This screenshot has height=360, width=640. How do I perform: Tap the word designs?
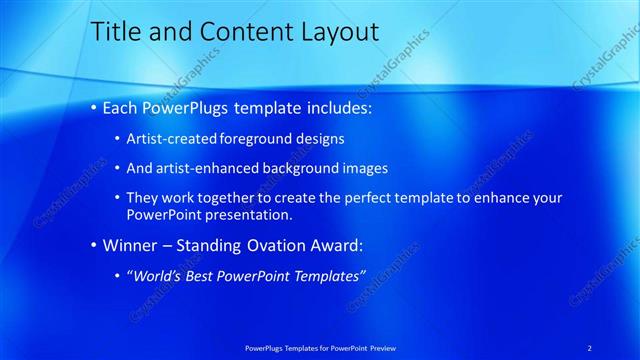point(316,139)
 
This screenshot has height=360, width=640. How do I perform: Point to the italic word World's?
point(157,275)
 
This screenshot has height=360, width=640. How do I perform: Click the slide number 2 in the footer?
point(589,347)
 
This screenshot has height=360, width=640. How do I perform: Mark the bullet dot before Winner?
point(94,246)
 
